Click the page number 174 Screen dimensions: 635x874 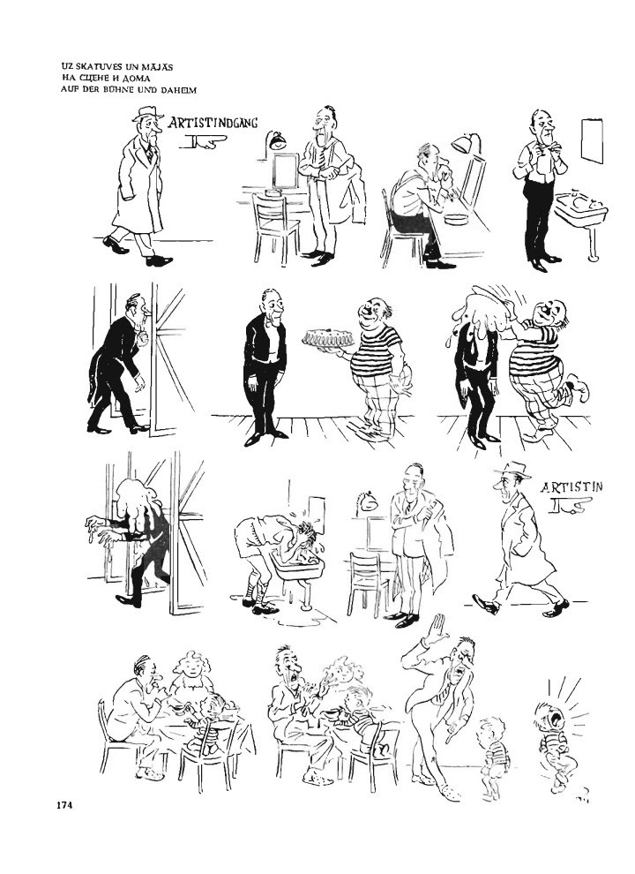(64, 804)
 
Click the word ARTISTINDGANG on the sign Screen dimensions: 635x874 (213, 123)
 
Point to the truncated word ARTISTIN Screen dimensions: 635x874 (571, 487)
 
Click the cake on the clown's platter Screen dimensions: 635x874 (325, 338)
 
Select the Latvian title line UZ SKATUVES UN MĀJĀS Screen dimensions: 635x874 (117, 67)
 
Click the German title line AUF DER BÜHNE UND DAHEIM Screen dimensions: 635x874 (129, 89)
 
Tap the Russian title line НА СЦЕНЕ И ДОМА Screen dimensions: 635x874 (106, 78)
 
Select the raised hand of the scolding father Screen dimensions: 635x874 (437, 629)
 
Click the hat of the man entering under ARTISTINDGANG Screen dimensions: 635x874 (148, 113)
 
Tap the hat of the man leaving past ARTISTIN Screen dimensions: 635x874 (512, 470)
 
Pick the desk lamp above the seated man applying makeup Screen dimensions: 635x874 (467, 143)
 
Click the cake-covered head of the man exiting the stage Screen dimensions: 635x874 (136, 500)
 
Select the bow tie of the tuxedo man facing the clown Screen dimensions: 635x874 (273, 321)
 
